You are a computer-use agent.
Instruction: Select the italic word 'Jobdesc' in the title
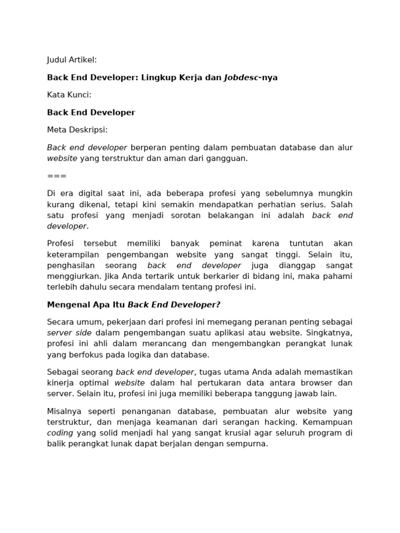(x=242, y=78)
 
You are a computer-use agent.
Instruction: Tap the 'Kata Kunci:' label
(x=69, y=95)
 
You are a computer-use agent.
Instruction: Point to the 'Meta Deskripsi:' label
(x=77, y=130)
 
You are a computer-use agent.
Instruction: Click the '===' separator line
(x=57, y=176)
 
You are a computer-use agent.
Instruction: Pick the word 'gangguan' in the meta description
(x=228, y=158)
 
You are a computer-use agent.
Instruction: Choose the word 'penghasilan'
(x=71, y=265)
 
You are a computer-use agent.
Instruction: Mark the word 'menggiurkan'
(x=74, y=276)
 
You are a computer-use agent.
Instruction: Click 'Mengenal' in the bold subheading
(x=67, y=304)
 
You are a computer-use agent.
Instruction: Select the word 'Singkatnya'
(x=329, y=333)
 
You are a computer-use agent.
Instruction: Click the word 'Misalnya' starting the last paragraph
(x=65, y=411)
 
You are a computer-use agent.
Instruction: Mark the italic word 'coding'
(x=60, y=433)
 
